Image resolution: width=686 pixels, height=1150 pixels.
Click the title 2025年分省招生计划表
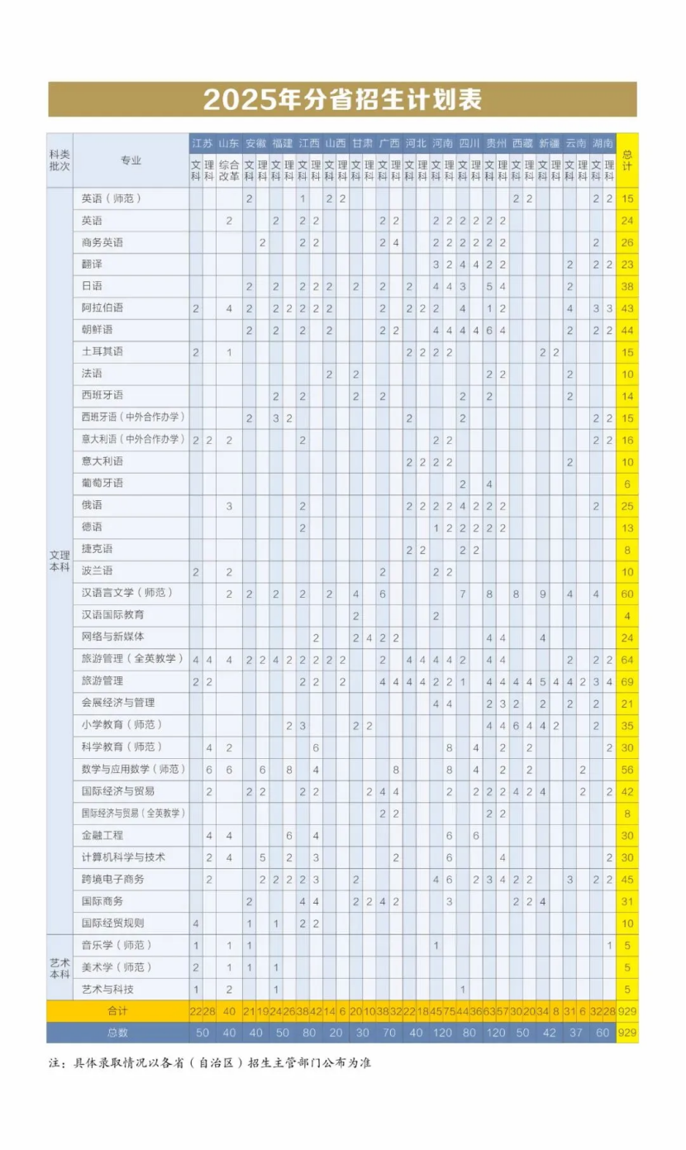click(342, 100)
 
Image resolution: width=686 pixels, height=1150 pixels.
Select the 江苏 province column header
click(202, 143)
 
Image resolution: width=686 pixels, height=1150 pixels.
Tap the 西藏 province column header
click(522, 143)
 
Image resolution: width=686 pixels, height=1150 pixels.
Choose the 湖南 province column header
click(603, 143)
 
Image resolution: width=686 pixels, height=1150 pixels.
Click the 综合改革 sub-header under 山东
click(229, 169)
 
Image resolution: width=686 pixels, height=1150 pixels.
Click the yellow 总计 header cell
click(627, 160)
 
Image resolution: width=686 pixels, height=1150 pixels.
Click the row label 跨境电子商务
click(113, 879)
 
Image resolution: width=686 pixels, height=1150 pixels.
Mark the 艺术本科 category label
click(60, 966)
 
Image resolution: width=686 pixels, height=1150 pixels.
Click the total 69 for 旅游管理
click(627, 680)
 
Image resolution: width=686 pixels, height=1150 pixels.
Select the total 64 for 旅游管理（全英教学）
click(627, 659)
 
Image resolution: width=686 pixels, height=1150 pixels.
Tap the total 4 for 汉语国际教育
click(627, 615)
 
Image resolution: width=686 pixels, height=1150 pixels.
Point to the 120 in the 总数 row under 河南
click(443, 1033)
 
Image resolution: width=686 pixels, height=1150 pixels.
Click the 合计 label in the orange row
click(118, 1011)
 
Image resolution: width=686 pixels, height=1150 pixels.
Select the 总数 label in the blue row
click(118, 1033)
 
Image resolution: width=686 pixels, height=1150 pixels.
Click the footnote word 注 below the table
click(54, 1062)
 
